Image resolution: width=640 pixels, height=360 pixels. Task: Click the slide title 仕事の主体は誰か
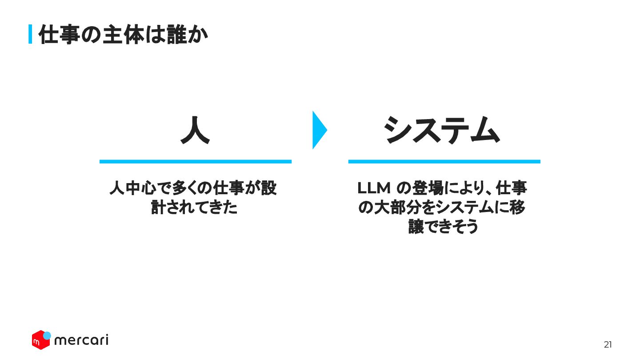click(x=123, y=35)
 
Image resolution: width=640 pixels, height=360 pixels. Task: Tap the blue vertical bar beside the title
click(x=30, y=34)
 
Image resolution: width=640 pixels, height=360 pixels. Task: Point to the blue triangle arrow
click(x=319, y=130)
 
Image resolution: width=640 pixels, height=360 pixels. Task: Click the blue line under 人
click(x=195, y=161)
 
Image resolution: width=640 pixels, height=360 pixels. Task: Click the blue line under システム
click(x=444, y=161)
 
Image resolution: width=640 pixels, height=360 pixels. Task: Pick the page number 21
click(x=608, y=344)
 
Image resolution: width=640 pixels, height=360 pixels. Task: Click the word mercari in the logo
click(x=81, y=340)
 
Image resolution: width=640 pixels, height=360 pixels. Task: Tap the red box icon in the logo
click(x=40, y=341)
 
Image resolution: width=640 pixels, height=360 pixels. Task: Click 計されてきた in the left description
click(x=195, y=208)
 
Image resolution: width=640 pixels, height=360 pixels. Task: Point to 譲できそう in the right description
click(x=444, y=227)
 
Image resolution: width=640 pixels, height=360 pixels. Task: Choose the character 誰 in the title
click(x=177, y=35)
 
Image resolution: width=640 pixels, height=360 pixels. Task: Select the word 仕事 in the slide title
click(x=56, y=35)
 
